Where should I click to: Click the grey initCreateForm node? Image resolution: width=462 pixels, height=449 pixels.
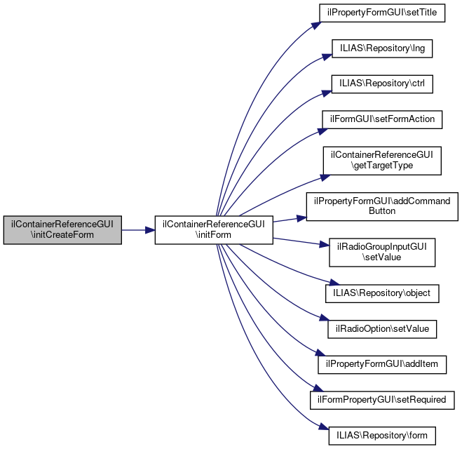[62, 229]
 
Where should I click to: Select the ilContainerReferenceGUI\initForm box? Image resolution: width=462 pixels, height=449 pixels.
[213, 229]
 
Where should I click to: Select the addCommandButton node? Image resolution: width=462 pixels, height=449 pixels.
[382, 206]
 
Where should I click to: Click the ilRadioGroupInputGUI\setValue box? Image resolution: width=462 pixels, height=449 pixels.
[382, 253]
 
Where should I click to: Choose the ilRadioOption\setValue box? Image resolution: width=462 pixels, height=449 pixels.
[382, 328]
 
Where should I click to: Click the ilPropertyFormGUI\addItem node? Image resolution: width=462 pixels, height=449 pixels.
[382, 363]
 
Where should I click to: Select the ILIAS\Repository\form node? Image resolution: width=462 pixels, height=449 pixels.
[382, 434]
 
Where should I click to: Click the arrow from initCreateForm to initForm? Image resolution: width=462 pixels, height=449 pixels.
[137, 229]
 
